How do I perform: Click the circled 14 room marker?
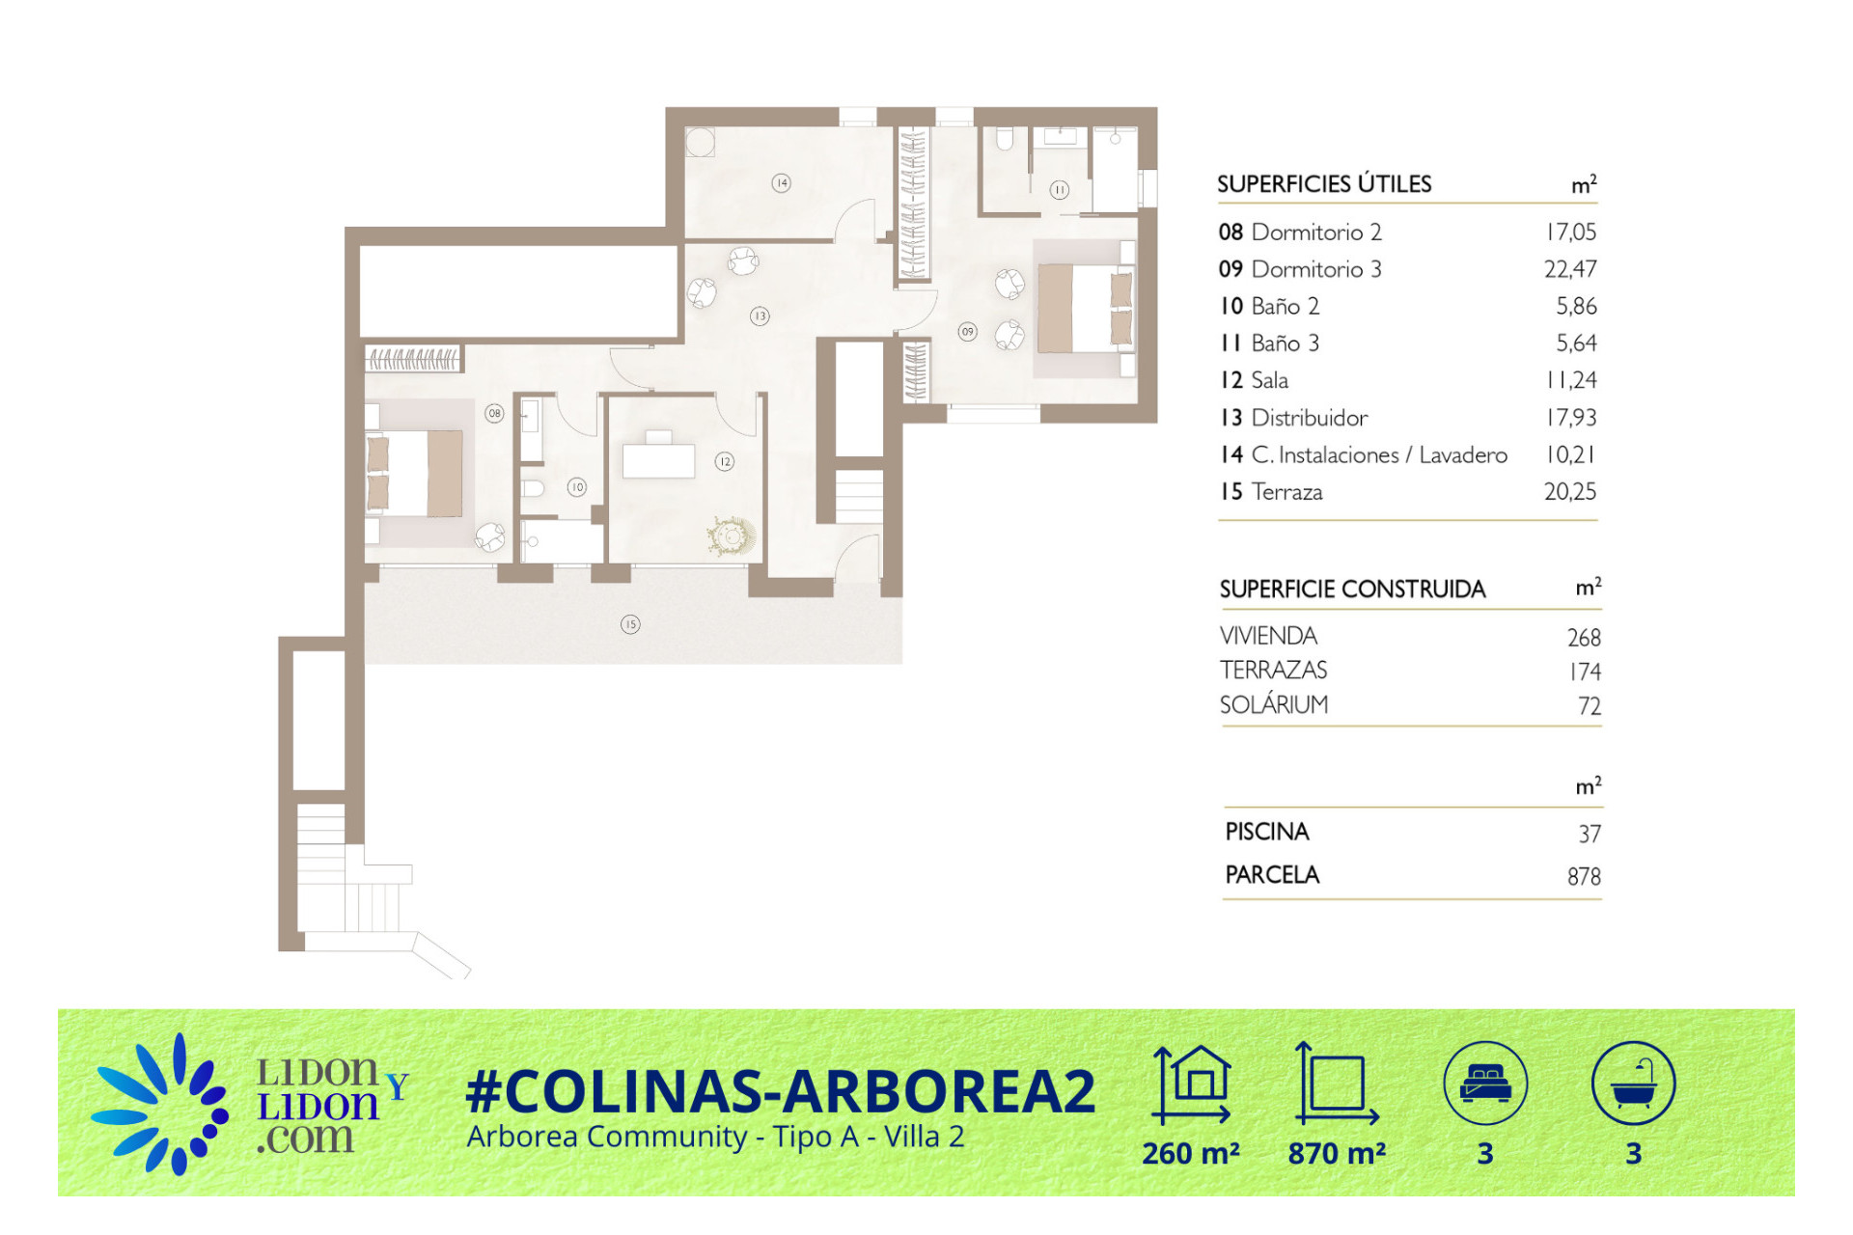[782, 182]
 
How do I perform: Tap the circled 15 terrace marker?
[630, 624]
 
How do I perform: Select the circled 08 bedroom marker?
[494, 413]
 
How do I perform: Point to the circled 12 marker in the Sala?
[725, 461]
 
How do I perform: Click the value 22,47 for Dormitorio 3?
[1570, 269]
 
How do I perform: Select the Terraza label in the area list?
[1286, 492]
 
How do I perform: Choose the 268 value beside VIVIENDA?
[1584, 638]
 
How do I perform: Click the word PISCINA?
[1267, 832]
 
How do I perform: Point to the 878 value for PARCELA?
[1584, 876]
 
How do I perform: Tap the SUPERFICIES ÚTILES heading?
[1324, 183]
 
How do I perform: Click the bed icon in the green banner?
[1485, 1083]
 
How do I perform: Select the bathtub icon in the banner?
[1633, 1083]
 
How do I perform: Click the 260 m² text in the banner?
[1191, 1153]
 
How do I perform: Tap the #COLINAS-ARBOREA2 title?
[781, 1091]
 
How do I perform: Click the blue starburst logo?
[160, 1105]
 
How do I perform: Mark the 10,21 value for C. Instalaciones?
[1571, 454]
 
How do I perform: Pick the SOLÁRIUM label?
[1274, 704]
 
